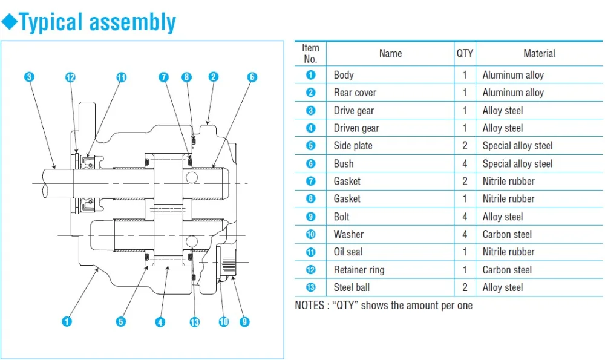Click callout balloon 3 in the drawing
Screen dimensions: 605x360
pos(29,77)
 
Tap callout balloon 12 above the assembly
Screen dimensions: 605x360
pos(70,77)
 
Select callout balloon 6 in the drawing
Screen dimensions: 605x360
pos(252,77)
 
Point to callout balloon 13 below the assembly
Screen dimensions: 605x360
pos(195,322)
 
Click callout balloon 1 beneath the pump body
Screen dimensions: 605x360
pos(67,321)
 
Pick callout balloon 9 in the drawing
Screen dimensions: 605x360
pos(244,321)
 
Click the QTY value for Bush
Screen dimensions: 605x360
pos(465,163)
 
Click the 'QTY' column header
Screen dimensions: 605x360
pos(465,53)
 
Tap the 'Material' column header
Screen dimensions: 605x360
pos(539,53)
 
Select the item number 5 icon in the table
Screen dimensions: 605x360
pos(310,145)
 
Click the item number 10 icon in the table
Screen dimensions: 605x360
pos(310,234)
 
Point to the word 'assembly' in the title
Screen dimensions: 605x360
pos(132,22)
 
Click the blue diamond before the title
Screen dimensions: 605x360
pos(10,21)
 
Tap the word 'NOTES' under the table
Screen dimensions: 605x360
pos(309,305)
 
